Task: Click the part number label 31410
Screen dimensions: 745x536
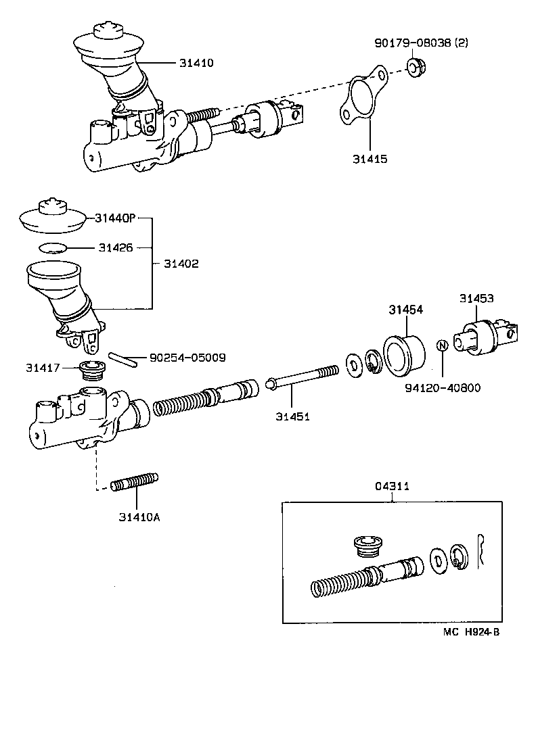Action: (x=196, y=63)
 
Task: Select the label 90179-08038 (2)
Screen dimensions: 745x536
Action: (x=421, y=43)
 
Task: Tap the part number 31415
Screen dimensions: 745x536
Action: (x=370, y=159)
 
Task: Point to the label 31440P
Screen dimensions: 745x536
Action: (x=115, y=218)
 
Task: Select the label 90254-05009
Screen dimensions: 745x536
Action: (x=187, y=357)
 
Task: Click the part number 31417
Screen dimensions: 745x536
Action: (x=43, y=368)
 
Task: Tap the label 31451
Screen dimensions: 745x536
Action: (x=292, y=416)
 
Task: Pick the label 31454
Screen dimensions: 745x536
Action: (x=405, y=310)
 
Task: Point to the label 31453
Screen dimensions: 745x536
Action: (x=476, y=297)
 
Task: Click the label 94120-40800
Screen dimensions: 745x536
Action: (x=443, y=388)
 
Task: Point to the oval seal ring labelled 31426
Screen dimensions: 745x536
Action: (x=51, y=247)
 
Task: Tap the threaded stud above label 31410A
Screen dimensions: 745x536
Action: (x=134, y=483)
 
